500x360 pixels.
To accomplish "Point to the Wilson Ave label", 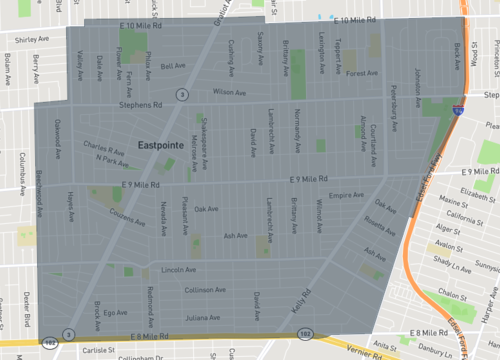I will click(x=228, y=91).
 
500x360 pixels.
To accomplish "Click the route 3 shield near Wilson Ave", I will click(x=181, y=95).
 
